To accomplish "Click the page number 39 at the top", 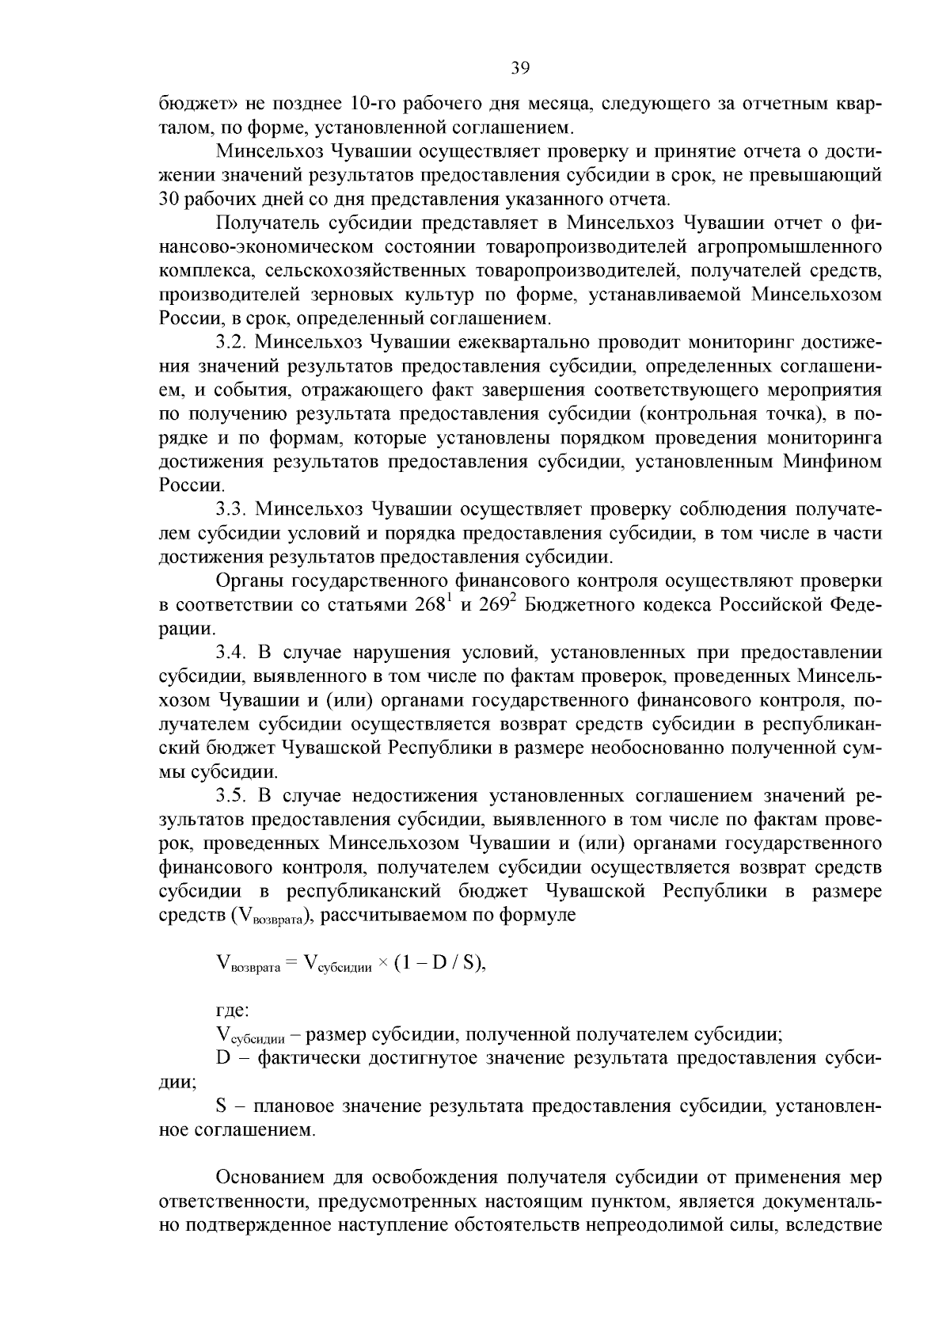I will tap(520, 68).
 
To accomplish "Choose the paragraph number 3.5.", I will tap(232, 796).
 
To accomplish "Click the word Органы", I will tap(251, 581).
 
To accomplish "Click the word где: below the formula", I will tap(232, 1011).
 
